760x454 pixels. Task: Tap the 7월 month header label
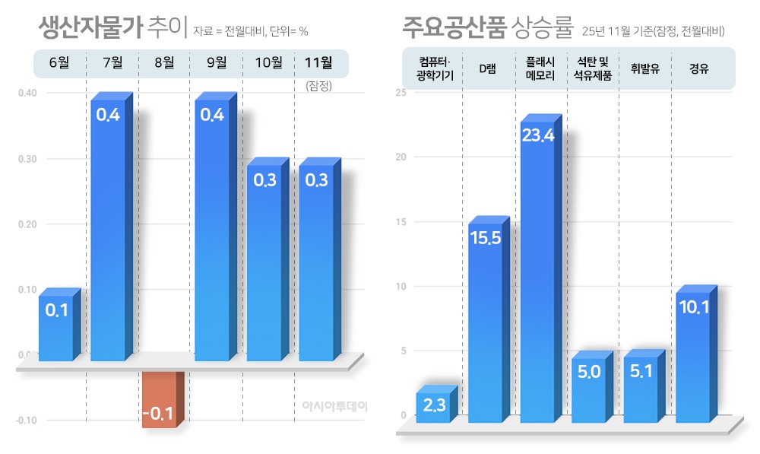point(112,63)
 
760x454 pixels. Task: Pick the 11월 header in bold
point(317,63)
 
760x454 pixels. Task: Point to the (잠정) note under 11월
point(319,86)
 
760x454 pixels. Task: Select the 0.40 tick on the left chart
point(27,93)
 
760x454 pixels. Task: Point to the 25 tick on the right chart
point(401,93)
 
